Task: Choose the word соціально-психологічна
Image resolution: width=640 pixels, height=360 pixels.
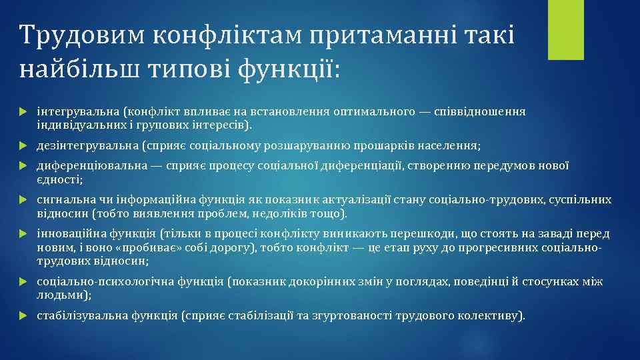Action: click(105, 282)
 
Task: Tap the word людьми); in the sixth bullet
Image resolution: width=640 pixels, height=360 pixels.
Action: click(64, 295)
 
